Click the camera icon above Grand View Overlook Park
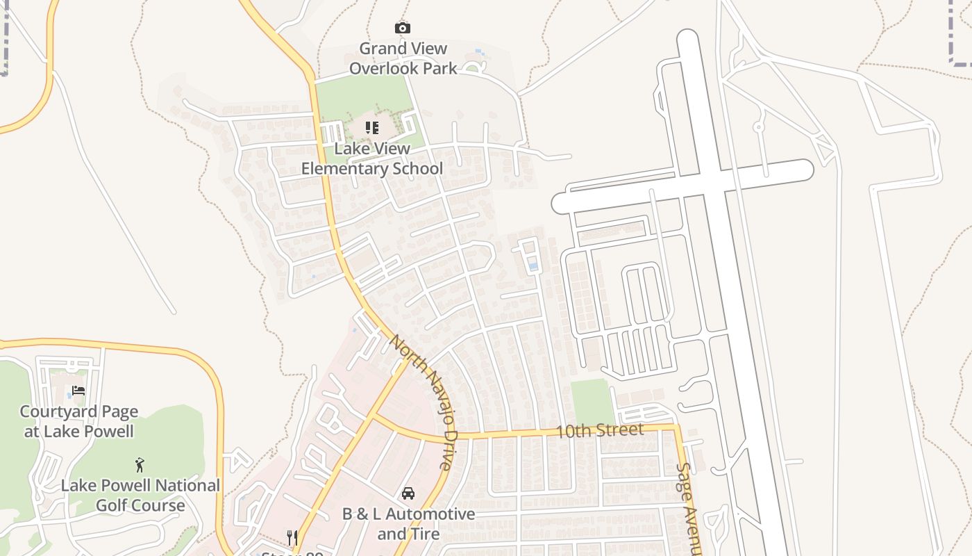[x=403, y=28]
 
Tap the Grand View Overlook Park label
[x=403, y=58]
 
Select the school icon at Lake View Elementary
[x=372, y=128]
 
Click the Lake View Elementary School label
[x=372, y=158]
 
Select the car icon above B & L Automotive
[x=408, y=493]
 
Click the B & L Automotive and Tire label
[x=408, y=524]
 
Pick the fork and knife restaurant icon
[x=292, y=537]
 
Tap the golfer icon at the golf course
[x=140, y=464]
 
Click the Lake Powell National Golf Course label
[x=140, y=495]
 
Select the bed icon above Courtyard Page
[x=78, y=391]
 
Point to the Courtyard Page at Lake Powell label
[x=78, y=421]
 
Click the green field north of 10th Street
[x=592, y=402]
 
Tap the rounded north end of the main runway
[x=687, y=39]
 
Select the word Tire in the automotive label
[x=425, y=534]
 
